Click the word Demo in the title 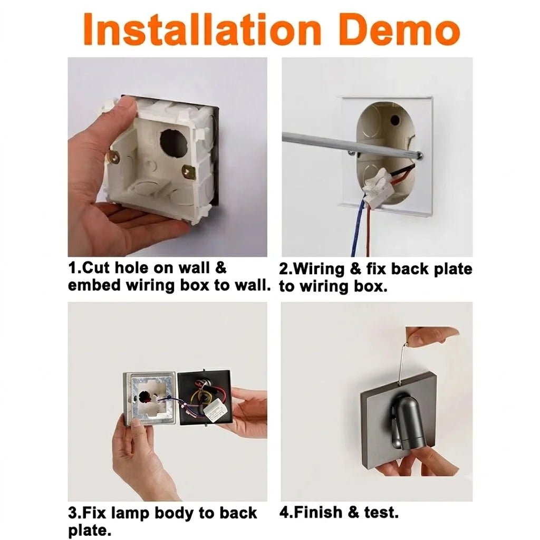401,30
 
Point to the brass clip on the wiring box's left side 114,157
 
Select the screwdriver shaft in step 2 352,146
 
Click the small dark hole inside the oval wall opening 395,120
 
